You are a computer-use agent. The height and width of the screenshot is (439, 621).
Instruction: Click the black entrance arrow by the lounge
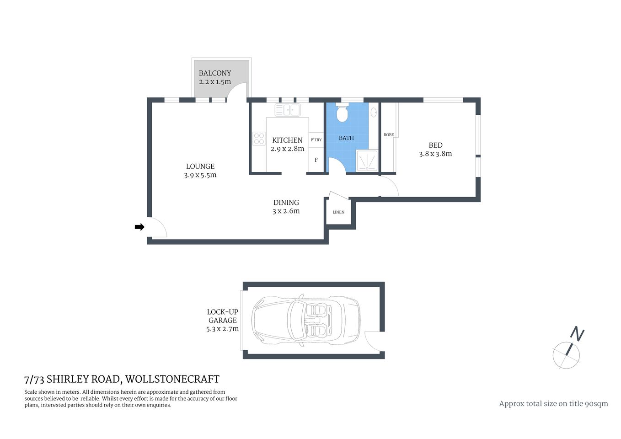click(x=139, y=227)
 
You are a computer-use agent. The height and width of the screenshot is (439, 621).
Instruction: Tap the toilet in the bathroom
click(x=342, y=113)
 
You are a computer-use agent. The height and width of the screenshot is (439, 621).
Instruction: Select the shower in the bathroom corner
click(x=367, y=161)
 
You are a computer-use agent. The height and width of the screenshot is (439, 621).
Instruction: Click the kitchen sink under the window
click(x=288, y=110)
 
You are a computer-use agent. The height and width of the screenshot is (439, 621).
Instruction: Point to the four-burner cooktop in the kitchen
click(x=259, y=138)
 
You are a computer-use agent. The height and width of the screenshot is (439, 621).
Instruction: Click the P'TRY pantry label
click(x=316, y=140)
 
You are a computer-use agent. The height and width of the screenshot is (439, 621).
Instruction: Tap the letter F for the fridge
click(x=316, y=160)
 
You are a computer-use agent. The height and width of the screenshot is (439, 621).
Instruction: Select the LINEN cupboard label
click(x=338, y=212)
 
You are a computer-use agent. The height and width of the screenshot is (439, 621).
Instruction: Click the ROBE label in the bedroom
click(x=389, y=135)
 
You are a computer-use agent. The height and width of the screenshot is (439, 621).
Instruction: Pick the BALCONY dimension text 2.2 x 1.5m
click(x=215, y=82)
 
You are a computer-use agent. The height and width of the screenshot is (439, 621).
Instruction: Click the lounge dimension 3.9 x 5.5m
click(x=200, y=175)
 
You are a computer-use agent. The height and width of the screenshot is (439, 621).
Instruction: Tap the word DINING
click(x=286, y=203)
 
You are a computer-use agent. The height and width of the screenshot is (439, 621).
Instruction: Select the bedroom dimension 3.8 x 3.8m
click(x=435, y=154)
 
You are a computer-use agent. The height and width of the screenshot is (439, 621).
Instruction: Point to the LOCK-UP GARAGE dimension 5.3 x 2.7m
click(x=222, y=329)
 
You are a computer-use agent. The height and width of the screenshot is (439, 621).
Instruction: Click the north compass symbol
click(x=568, y=350)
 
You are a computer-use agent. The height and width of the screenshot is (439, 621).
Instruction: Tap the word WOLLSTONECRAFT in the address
click(x=172, y=379)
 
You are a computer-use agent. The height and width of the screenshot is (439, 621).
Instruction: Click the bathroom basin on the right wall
click(x=374, y=112)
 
